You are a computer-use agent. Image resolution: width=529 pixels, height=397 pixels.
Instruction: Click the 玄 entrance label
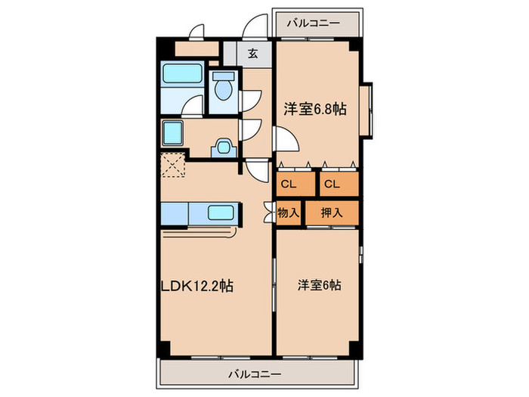pos(253,53)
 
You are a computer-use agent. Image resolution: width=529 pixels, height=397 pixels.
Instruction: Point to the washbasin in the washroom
pos(224,146)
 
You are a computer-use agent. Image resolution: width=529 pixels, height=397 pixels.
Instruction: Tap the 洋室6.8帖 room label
pos(315,110)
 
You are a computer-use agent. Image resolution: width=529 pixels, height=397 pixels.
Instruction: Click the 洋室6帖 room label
pos(318,285)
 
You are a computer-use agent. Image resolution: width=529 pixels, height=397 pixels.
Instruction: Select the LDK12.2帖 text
pos(196,286)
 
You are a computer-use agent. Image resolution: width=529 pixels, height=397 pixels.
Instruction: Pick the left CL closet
pos(288,184)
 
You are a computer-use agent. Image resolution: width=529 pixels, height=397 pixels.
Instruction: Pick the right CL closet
pos(333,184)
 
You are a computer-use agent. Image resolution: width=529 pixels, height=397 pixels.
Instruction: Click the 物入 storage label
pos(288,212)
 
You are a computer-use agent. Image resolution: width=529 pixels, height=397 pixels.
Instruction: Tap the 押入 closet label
pos(331,212)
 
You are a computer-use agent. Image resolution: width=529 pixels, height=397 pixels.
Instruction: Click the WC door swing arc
pos(251,100)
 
